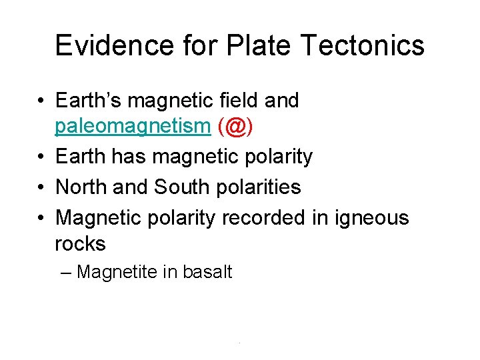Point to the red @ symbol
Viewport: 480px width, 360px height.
tap(235, 127)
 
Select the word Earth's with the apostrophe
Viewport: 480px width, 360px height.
tap(88, 101)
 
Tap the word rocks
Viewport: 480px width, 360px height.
tap(80, 244)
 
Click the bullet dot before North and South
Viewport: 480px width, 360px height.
tap(41, 188)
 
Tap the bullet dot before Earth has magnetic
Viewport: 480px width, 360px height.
tap(41, 157)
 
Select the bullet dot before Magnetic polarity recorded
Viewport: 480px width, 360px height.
tap(41, 218)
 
